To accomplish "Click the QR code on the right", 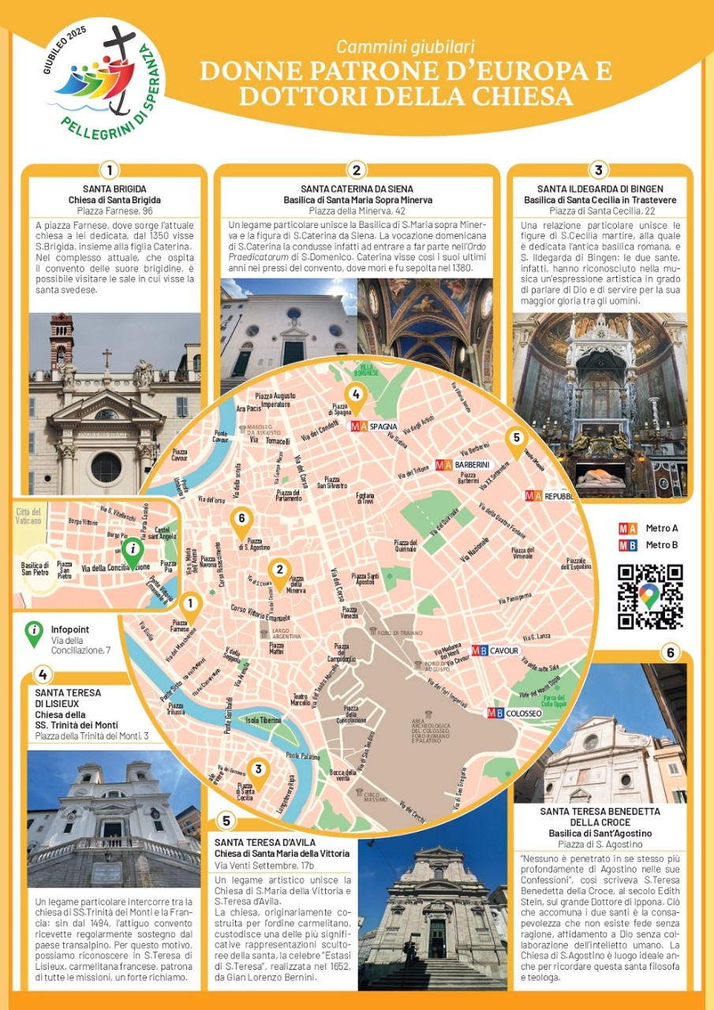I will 649,597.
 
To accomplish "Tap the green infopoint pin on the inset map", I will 133,550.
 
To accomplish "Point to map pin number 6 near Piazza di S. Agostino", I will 241,520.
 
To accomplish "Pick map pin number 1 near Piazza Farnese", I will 189,608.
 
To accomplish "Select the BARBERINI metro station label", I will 462,466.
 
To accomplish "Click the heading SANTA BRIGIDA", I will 111,189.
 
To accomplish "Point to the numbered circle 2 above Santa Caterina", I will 357,170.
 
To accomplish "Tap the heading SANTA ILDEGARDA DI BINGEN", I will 600,189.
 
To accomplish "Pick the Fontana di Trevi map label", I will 365,498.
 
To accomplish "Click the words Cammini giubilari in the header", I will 406,47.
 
